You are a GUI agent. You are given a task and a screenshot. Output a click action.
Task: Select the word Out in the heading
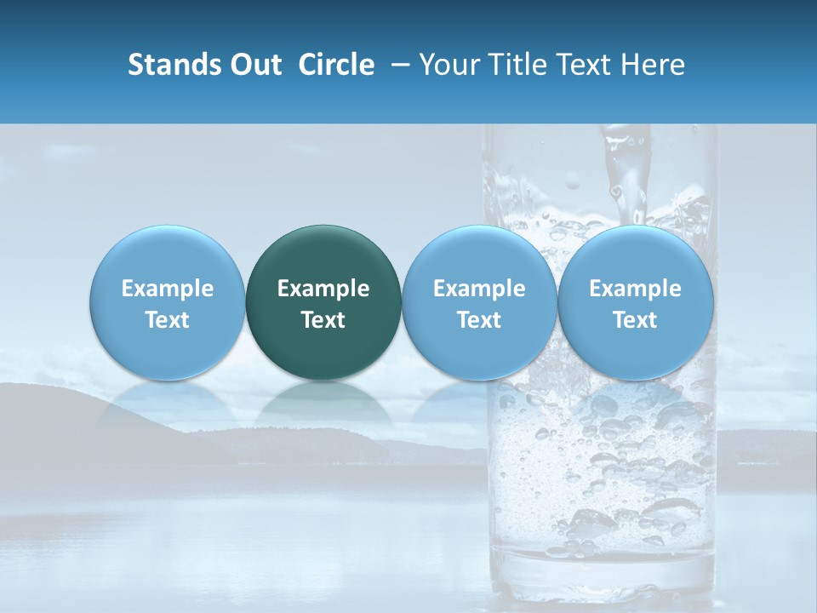[x=254, y=65]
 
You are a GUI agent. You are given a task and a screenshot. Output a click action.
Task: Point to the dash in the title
[x=397, y=66]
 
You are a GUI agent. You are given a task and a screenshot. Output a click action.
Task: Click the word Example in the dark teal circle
[x=323, y=289]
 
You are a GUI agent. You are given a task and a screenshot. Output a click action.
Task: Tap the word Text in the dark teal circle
[x=323, y=320]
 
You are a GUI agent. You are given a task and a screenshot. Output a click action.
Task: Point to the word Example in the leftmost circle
[x=168, y=289]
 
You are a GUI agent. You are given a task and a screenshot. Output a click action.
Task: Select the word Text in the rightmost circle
[x=636, y=320]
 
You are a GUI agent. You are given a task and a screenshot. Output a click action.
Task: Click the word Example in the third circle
[x=479, y=289]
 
